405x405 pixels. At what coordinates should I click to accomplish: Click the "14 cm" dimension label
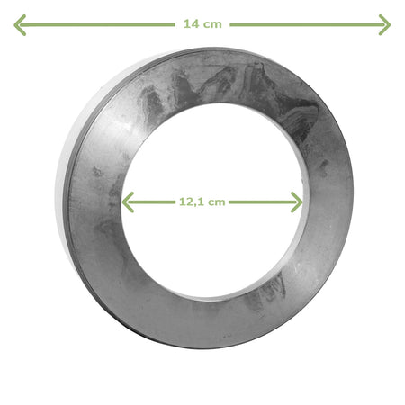tap(202, 24)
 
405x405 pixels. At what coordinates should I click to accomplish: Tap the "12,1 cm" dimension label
tap(202, 202)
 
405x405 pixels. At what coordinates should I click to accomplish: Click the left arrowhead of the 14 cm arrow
tap(20, 25)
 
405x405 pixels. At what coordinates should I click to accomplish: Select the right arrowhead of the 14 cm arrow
tap(384, 24)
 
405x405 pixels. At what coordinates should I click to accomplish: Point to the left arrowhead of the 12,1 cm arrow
tap(128, 202)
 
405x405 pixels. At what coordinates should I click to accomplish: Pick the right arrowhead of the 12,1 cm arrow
tap(296, 202)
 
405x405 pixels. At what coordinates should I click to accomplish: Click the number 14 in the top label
tap(190, 24)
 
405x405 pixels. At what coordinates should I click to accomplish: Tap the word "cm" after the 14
tap(212, 24)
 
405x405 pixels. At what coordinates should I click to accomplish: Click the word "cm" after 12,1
tap(217, 202)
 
